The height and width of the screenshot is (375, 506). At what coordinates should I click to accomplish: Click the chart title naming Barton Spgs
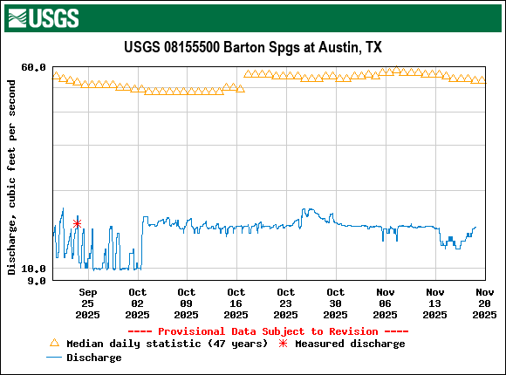tap(253, 47)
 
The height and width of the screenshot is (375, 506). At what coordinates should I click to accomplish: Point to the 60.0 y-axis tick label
tap(33, 68)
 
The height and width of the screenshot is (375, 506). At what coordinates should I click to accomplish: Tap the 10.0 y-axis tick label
tap(33, 269)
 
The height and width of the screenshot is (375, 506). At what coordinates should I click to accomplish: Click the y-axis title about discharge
tap(12, 176)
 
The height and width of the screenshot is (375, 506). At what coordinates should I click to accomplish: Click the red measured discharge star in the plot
tap(78, 223)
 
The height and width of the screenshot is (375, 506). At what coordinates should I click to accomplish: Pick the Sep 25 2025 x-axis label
tap(87, 303)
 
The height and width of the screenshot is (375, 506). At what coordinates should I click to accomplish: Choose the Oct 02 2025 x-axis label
tap(137, 303)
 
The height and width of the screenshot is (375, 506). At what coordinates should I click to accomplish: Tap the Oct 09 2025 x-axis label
tap(187, 303)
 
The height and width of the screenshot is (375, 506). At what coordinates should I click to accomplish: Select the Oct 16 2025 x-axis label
tap(236, 303)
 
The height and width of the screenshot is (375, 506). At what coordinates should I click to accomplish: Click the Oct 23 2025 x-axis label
tap(286, 303)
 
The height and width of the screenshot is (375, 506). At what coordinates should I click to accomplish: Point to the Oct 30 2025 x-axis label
tap(336, 303)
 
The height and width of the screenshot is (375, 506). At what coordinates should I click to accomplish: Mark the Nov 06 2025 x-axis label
tap(385, 303)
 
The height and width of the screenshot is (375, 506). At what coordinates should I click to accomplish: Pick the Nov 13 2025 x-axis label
tap(434, 303)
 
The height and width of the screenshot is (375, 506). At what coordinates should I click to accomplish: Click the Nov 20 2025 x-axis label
tap(484, 303)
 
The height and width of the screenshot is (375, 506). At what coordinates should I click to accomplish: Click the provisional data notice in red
tap(268, 331)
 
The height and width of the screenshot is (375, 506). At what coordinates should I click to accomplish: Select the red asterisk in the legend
tap(283, 344)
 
